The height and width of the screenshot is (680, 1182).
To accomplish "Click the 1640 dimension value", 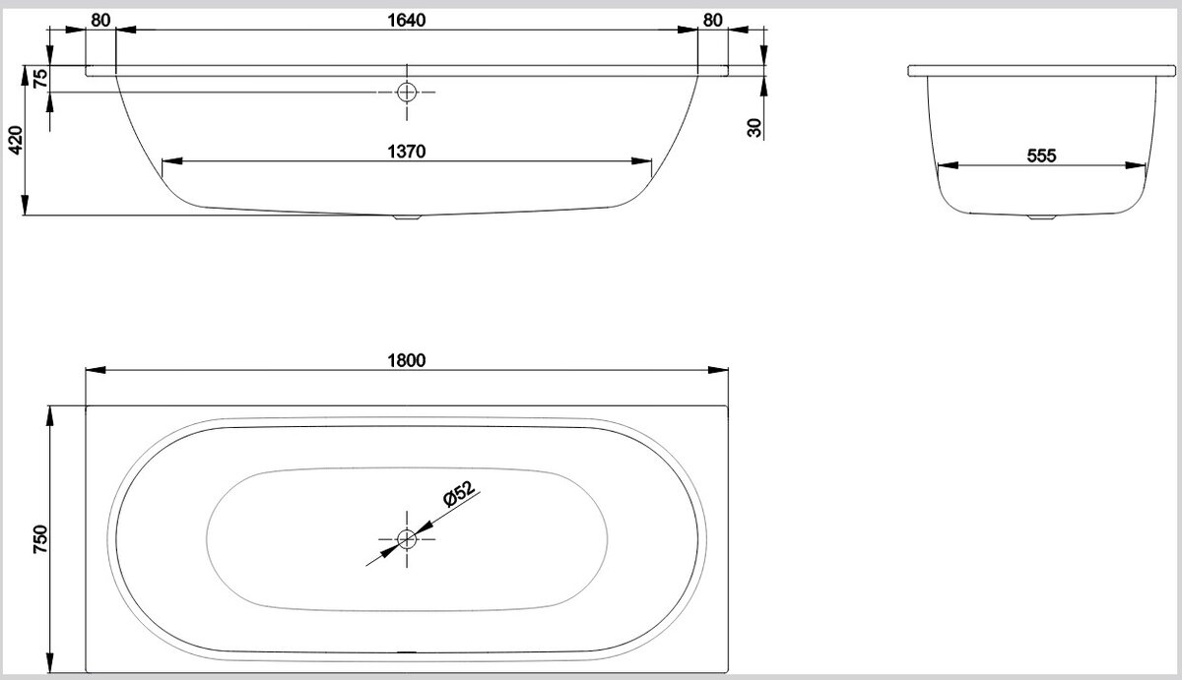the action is pyautogui.click(x=406, y=20).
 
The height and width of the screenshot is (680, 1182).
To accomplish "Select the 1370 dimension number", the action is pyautogui.click(x=406, y=152).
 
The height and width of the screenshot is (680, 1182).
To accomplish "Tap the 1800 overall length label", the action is pyautogui.click(x=406, y=360).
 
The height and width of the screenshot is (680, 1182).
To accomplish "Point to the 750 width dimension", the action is pyautogui.click(x=40, y=538).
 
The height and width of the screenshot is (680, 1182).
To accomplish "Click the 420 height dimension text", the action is pyautogui.click(x=17, y=140).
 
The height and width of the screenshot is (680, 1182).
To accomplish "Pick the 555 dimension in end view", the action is pyautogui.click(x=1042, y=155).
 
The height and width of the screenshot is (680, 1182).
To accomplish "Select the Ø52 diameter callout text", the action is pyautogui.click(x=459, y=494).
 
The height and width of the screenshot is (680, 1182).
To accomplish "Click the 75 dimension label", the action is pyautogui.click(x=40, y=78).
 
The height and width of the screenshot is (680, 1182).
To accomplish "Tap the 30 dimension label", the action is pyautogui.click(x=755, y=128).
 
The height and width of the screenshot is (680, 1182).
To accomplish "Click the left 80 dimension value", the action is pyautogui.click(x=100, y=20).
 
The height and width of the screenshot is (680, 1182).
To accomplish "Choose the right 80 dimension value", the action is pyautogui.click(x=712, y=20).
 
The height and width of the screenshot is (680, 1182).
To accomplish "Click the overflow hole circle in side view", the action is pyautogui.click(x=407, y=93).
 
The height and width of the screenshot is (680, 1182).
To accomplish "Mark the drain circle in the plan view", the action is pyautogui.click(x=407, y=538).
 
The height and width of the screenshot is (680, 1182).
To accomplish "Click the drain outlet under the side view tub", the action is pyautogui.click(x=407, y=216).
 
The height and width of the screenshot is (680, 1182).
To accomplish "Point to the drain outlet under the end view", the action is pyautogui.click(x=1042, y=216).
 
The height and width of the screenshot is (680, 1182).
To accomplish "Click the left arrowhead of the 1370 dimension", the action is pyautogui.click(x=172, y=160).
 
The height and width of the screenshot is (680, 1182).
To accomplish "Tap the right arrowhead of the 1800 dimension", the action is pyautogui.click(x=718, y=370).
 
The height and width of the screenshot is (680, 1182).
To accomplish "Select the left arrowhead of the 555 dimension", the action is pyautogui.click(x=948, y=165).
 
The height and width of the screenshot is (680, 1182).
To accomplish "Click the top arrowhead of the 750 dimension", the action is pyautogui.click(x=49, y=416).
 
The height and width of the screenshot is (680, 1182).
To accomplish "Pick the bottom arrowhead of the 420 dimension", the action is pyautogui.click(x=25, y=205).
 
